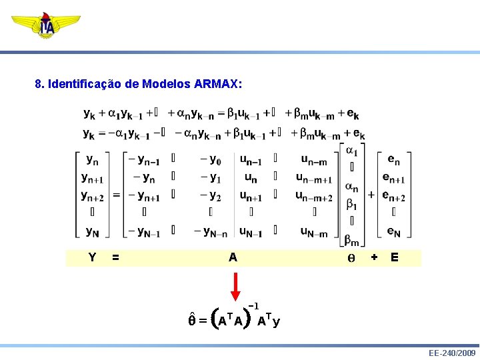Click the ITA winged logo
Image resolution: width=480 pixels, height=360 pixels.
pyautogui.click(x=46, y=26)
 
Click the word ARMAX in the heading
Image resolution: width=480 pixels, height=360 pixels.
pyautogui.click(x=218, y=85)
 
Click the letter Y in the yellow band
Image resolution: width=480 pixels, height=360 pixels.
pyautogui.click(x=92, y=257)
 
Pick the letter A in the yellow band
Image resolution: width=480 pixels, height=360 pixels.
pyautogui.click(x=232, y=257)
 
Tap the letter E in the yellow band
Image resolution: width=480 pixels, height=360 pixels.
pyautogui.click(x=395, y=257)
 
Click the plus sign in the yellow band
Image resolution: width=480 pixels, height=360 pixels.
pyautogui.click(x=374, y=257)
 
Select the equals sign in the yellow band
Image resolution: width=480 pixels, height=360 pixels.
pyautogui.click(x=116, y=257)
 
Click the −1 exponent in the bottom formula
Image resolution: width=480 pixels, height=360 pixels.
pyautogui.click(x=253, y=306)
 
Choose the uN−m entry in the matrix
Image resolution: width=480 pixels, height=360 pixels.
pyautogui.click(x=313, y=232)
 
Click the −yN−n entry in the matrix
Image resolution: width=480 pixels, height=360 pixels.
pyautogui.click(x=211, y=232)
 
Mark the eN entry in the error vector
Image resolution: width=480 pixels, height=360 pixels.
pyautogui.click(x=394, y=232)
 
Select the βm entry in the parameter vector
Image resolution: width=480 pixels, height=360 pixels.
pyautogui.click(x=352, y=241)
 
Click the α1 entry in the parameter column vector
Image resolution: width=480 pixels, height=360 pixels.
pyautogui.click(x=352, y=152)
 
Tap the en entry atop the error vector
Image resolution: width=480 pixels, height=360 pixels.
pyautogui.click(x=394, y=160)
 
